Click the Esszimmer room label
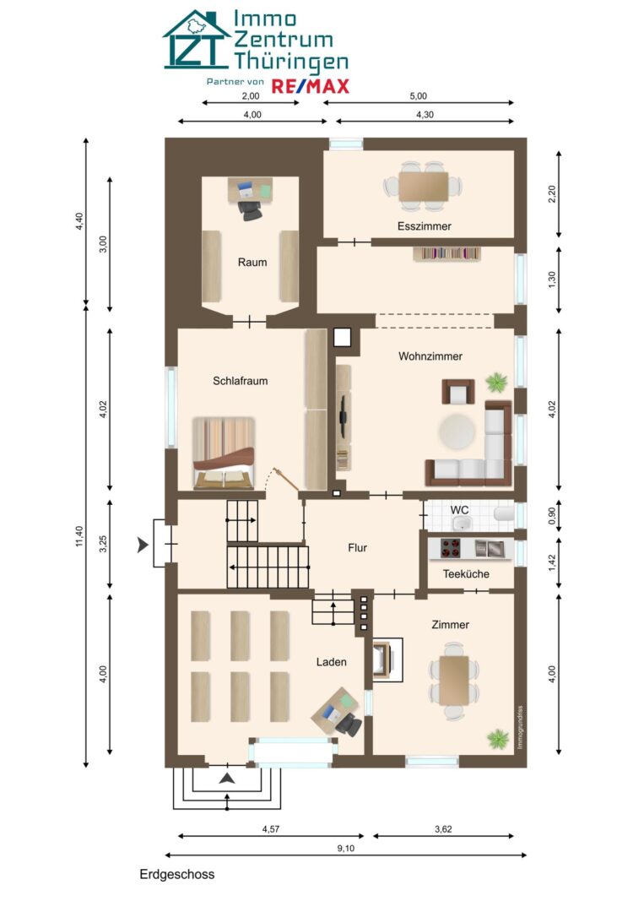point(425,226)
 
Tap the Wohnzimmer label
point(430,356)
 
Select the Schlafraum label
point(240,381)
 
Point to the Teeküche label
point(466,574)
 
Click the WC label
point(459,510)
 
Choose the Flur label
point(358,547)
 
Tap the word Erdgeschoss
point(176,874)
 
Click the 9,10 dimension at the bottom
point(346,848)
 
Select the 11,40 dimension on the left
point(79,535)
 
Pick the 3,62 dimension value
point(443,829)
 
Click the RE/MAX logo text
point(311,87)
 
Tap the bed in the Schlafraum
point(224,453)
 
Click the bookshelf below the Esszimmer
point(447,253)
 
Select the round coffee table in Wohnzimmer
point(457,432)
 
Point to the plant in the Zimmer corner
point(498,738)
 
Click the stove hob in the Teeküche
point(450,548)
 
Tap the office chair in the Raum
point(251,210)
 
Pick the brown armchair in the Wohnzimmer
point(458,392)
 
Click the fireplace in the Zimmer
point(387,660)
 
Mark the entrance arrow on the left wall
point(143,545)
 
